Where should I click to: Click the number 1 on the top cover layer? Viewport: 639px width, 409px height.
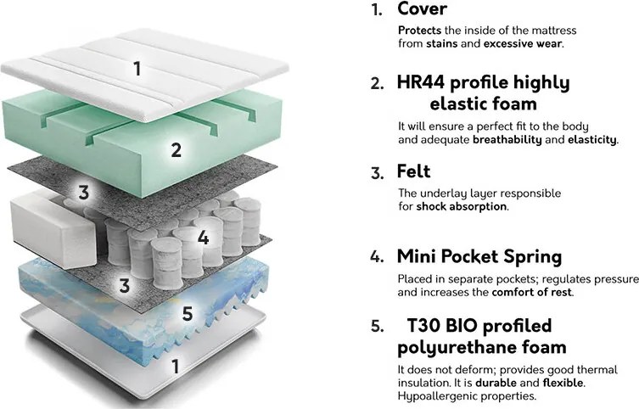click(137, 69)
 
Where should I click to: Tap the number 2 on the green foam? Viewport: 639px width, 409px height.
click(176, 150)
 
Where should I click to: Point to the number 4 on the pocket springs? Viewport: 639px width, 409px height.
click(203, 237)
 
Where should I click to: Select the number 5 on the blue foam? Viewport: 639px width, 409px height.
click(187, 314)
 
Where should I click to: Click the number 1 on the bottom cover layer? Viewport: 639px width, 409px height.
click(175, 367)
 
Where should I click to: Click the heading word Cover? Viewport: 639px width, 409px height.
click(422, 9)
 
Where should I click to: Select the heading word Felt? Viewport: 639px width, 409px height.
click(413, 171)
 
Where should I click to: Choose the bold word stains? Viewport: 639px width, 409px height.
click(442, 43)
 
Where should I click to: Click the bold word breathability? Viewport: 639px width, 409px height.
click(507, 140)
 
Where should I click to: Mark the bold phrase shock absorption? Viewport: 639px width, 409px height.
click(462, 206)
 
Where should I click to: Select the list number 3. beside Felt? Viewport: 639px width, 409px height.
click(378, 173)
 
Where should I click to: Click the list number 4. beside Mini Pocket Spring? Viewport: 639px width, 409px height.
click(378, 257)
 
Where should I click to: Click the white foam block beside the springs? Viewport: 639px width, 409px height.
click(53, 229)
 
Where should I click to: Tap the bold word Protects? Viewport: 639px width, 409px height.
click(419, 31)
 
